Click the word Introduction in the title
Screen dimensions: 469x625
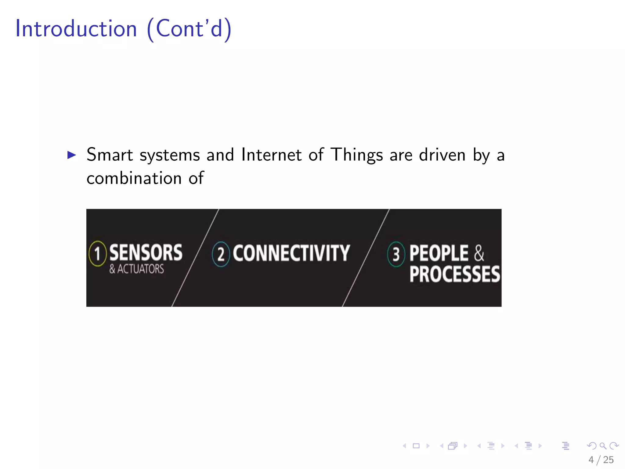coord(76,28)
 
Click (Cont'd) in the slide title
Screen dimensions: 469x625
coord(189,29)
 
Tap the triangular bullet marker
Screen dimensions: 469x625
coord(71,155)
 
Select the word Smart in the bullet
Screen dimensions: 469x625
coord(110,155)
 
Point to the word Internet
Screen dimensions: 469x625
coord(271,155)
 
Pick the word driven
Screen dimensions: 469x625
coord(442,155)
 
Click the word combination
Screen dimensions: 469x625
coord(134,178)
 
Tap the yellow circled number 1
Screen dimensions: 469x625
coord(97,253)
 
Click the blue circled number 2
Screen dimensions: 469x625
coord(221,254)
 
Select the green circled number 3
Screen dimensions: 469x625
coord(396,254)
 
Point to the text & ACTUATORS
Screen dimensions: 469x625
coord(137,269)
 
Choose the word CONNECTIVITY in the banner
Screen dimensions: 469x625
coord(291,253)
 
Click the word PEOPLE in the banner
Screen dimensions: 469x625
coord(439,253)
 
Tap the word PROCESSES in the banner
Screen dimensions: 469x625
coord(455,274)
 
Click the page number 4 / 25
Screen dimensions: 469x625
coord(601,460)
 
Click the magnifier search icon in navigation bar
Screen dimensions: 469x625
coord(603,446)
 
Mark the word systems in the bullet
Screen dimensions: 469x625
coord(170,155)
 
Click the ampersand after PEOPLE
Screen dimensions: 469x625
coord(479,253)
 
